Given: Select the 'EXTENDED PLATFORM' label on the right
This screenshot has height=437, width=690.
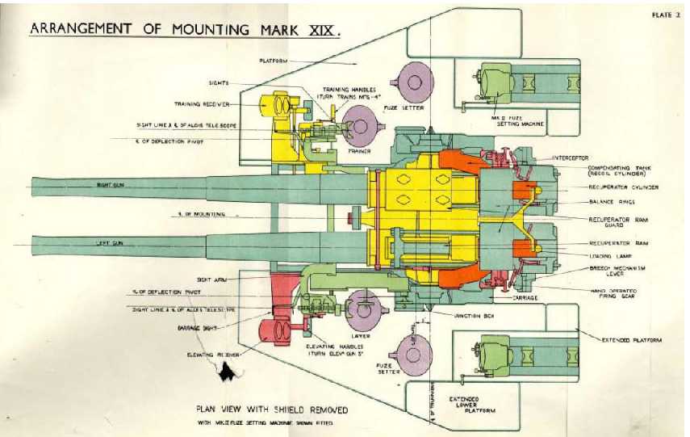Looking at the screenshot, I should point(632,340).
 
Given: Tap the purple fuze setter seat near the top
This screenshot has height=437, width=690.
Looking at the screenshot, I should point(414,81).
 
